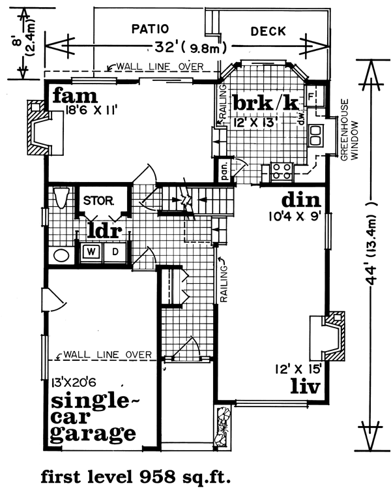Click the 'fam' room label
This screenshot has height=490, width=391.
tap(74, 97)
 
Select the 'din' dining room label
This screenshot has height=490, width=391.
tap(300, 199)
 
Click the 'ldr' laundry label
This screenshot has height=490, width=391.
tap(103, 230)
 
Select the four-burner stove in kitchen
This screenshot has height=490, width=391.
tap(281, 171)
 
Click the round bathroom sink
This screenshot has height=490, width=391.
tap(61, 254)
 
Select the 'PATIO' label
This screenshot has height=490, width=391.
tap(150, 29)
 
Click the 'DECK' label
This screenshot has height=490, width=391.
tap(268, 30)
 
